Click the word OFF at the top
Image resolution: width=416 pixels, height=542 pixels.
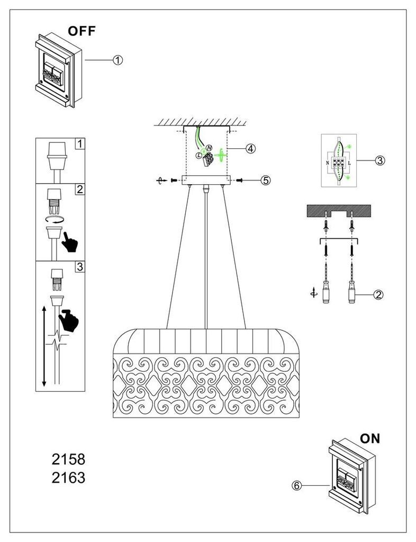82,31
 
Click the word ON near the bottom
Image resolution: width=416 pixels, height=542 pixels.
370,438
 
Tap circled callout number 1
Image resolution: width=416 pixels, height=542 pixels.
118,60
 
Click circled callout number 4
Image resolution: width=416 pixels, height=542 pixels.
250,149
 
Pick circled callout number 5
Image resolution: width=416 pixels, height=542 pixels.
266,180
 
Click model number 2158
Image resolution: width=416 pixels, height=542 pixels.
68,458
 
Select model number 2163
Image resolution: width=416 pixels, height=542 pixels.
68,478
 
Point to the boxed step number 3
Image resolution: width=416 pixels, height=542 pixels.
79,267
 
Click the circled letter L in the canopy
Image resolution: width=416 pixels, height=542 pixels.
198,155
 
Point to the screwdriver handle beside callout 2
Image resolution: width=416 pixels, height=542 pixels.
350,293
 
